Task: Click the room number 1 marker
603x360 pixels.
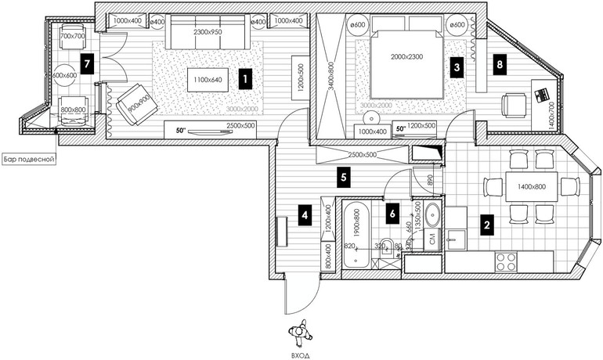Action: [245, 79]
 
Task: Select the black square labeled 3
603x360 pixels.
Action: [457, 68]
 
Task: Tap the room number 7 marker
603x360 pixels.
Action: [88, 61]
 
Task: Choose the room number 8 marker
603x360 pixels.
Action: [499, 65]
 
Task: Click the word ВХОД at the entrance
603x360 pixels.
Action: [300, 353]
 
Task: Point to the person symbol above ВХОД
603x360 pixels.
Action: [299, 332]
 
